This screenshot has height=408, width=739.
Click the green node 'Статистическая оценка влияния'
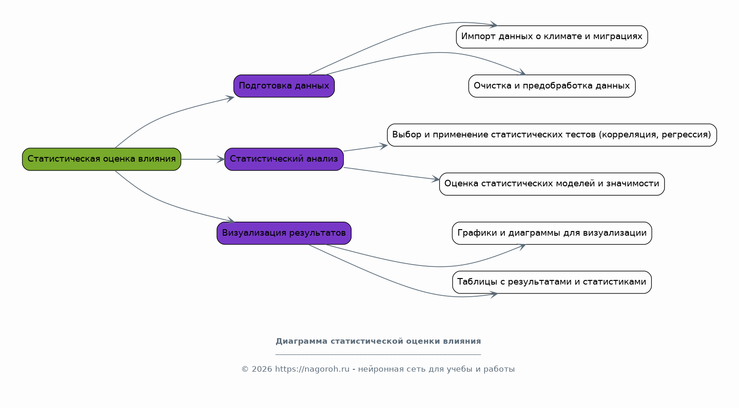pos(102,159)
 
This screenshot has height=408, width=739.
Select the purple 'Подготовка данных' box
pos(284,86)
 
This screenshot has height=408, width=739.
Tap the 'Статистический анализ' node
pos(284,159)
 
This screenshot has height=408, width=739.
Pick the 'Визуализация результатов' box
pos(284,233)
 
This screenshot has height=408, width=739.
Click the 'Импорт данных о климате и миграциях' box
pos(552,37)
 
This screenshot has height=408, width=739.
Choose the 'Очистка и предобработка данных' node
pos(552,86)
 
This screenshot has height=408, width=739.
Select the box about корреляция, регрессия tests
pos(552,135)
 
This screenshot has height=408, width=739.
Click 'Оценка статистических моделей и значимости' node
pos(552,184)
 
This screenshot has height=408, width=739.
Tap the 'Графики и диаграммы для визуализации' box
pos(552,233)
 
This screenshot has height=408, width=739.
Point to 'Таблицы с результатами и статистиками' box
pos(552,282)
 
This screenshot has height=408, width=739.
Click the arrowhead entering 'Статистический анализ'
pos(221,159)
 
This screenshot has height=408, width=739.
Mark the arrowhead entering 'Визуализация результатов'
pos(231,220)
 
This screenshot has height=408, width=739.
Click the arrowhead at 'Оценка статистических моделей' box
pos(435,179)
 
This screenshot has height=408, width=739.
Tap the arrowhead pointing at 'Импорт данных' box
pos(494,25)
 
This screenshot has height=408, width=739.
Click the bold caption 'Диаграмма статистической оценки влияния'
pos(378,341)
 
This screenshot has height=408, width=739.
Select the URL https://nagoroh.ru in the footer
pos(312,369)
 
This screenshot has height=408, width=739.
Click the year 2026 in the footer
pos(262,369)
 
